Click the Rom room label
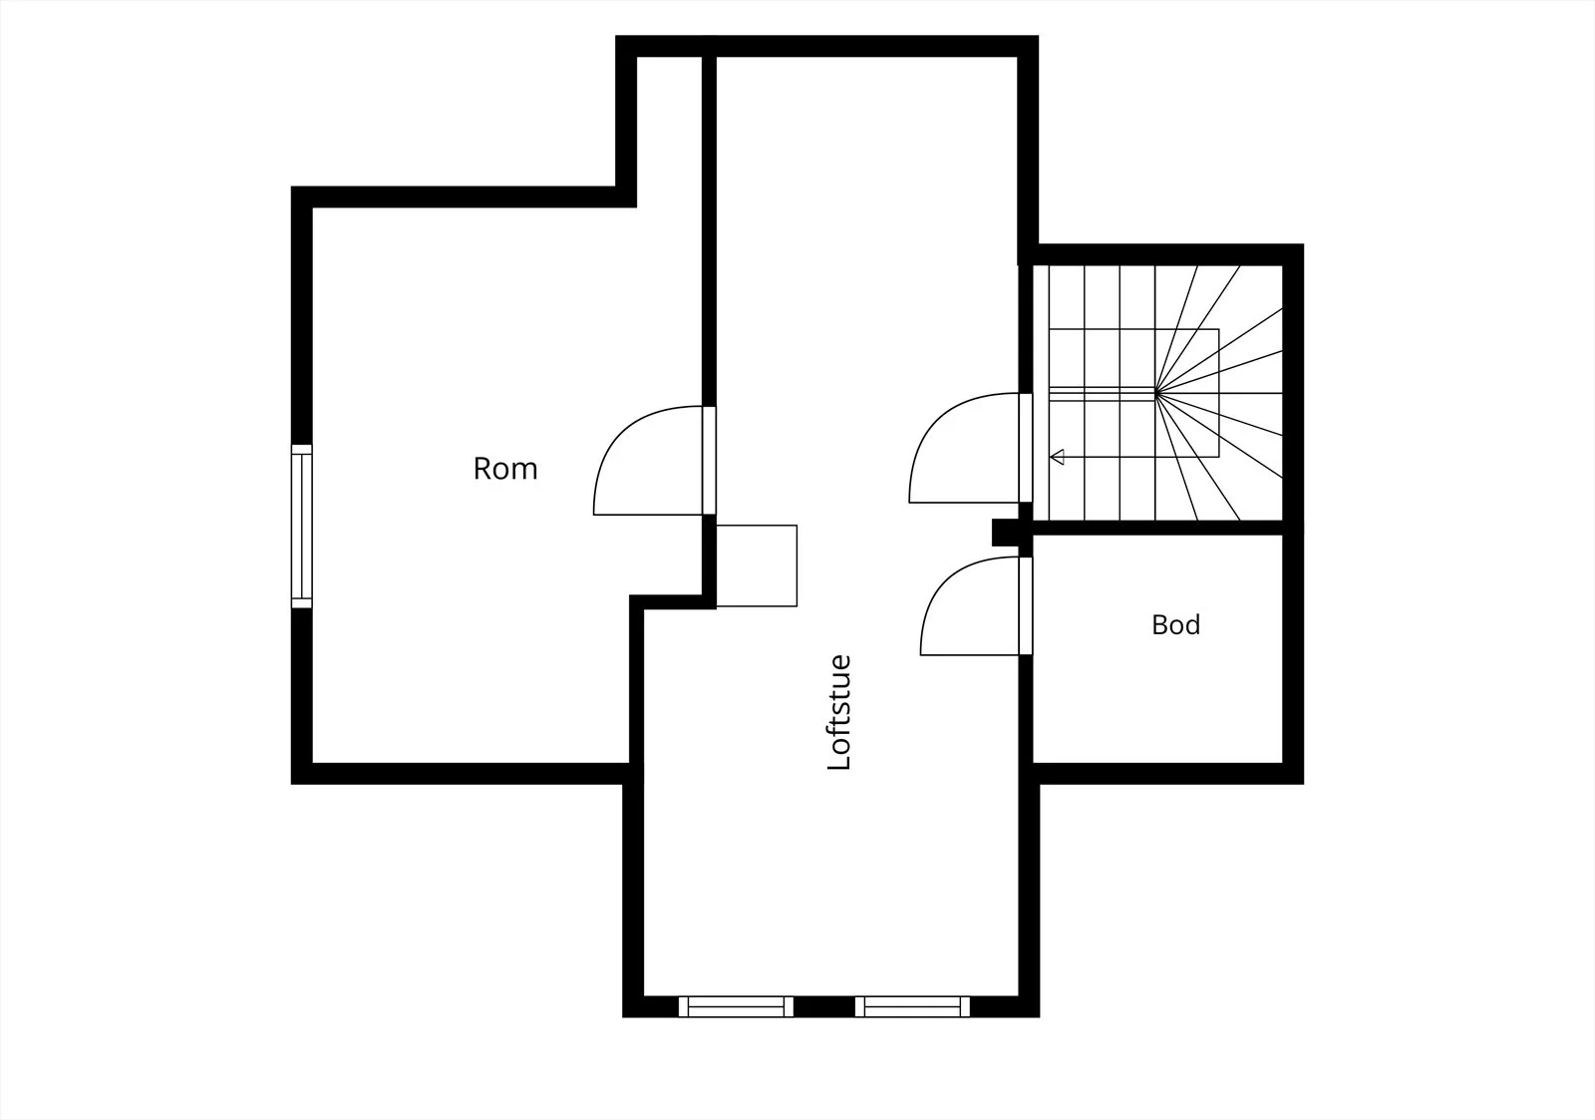(505, 469)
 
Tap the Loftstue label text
(839, 712)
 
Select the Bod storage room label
(1175, 625)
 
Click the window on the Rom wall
(302, 527)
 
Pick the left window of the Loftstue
(736, 1006)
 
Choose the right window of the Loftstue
(912, 1006)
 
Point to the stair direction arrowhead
(1057, 457)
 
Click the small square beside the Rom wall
(757, 565)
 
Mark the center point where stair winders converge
(1155, 393)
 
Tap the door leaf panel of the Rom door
(709, 460)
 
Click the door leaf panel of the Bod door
(1026, 605)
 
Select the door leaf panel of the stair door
(1026, 448)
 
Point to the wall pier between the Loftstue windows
(823, 1006)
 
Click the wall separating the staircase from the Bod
(1157, 528)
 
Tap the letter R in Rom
(482, 469)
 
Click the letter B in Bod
(1159, 625)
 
